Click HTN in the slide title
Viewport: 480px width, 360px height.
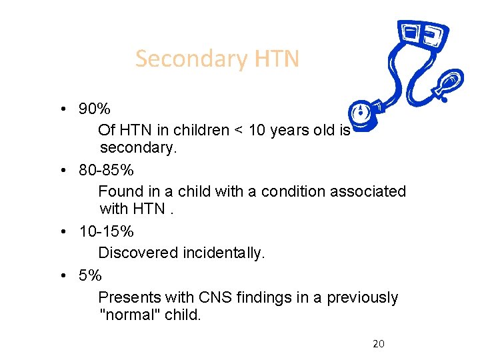276,59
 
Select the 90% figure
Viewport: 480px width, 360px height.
95,109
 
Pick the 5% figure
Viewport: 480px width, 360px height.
90,275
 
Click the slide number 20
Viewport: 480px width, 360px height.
379,344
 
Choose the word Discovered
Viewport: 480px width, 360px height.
137,253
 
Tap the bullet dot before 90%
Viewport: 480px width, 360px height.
61,109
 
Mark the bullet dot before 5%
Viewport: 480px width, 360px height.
61,275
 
